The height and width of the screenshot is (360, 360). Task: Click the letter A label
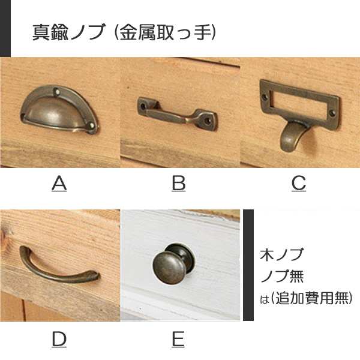(x=59, y=184)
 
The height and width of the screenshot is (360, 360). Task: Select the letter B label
(x=179, y=184)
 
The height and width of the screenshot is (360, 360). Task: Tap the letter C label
(x=299, y=184)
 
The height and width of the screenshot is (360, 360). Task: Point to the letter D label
(x=59, y=340)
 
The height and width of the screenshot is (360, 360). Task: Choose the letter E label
(x=178, y=340)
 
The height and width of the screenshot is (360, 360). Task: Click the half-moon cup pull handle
(x=59, y=110)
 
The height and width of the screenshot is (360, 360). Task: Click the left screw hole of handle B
(x=143, y=107)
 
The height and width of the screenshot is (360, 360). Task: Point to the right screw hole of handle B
(x=208, y=121)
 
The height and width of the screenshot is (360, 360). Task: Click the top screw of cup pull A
(x=56, y=92)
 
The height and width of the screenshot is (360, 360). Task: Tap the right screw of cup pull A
(x=92, y=125)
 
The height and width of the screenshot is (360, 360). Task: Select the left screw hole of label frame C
(x=265, y=97)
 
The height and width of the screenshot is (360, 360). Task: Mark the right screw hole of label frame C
(x=332, y=113)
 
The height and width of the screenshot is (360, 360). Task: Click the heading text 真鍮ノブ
(x=69, y=32)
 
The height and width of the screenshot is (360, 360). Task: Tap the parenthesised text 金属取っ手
(x=165, y=32)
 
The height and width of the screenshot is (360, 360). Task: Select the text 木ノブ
(x=281, y=254)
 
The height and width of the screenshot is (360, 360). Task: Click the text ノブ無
(x=282, y=276)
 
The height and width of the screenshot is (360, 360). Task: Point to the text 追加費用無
(x=311, y=298)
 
